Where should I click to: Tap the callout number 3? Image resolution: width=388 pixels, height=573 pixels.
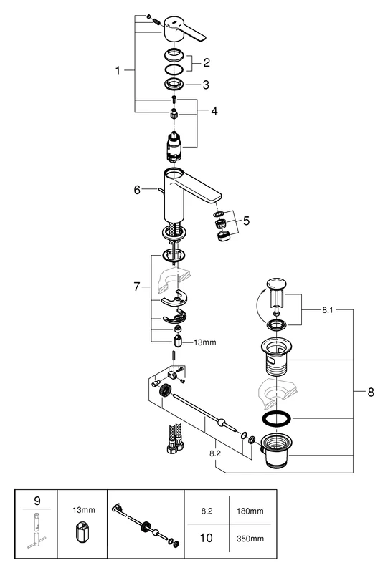(205, 85)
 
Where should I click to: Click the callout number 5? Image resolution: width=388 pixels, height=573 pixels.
(247, 222)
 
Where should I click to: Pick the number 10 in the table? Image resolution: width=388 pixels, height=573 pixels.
(207, 538)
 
